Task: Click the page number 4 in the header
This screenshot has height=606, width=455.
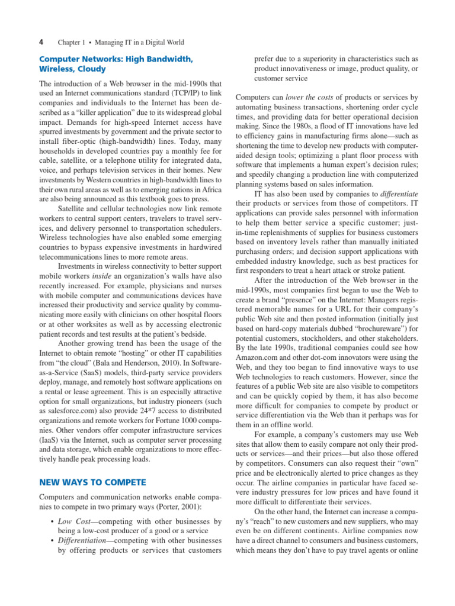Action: coord(41,43)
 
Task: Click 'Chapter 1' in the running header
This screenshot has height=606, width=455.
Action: coord(71,43)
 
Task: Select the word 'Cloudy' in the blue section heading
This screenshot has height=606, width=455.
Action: coord(92,69)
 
